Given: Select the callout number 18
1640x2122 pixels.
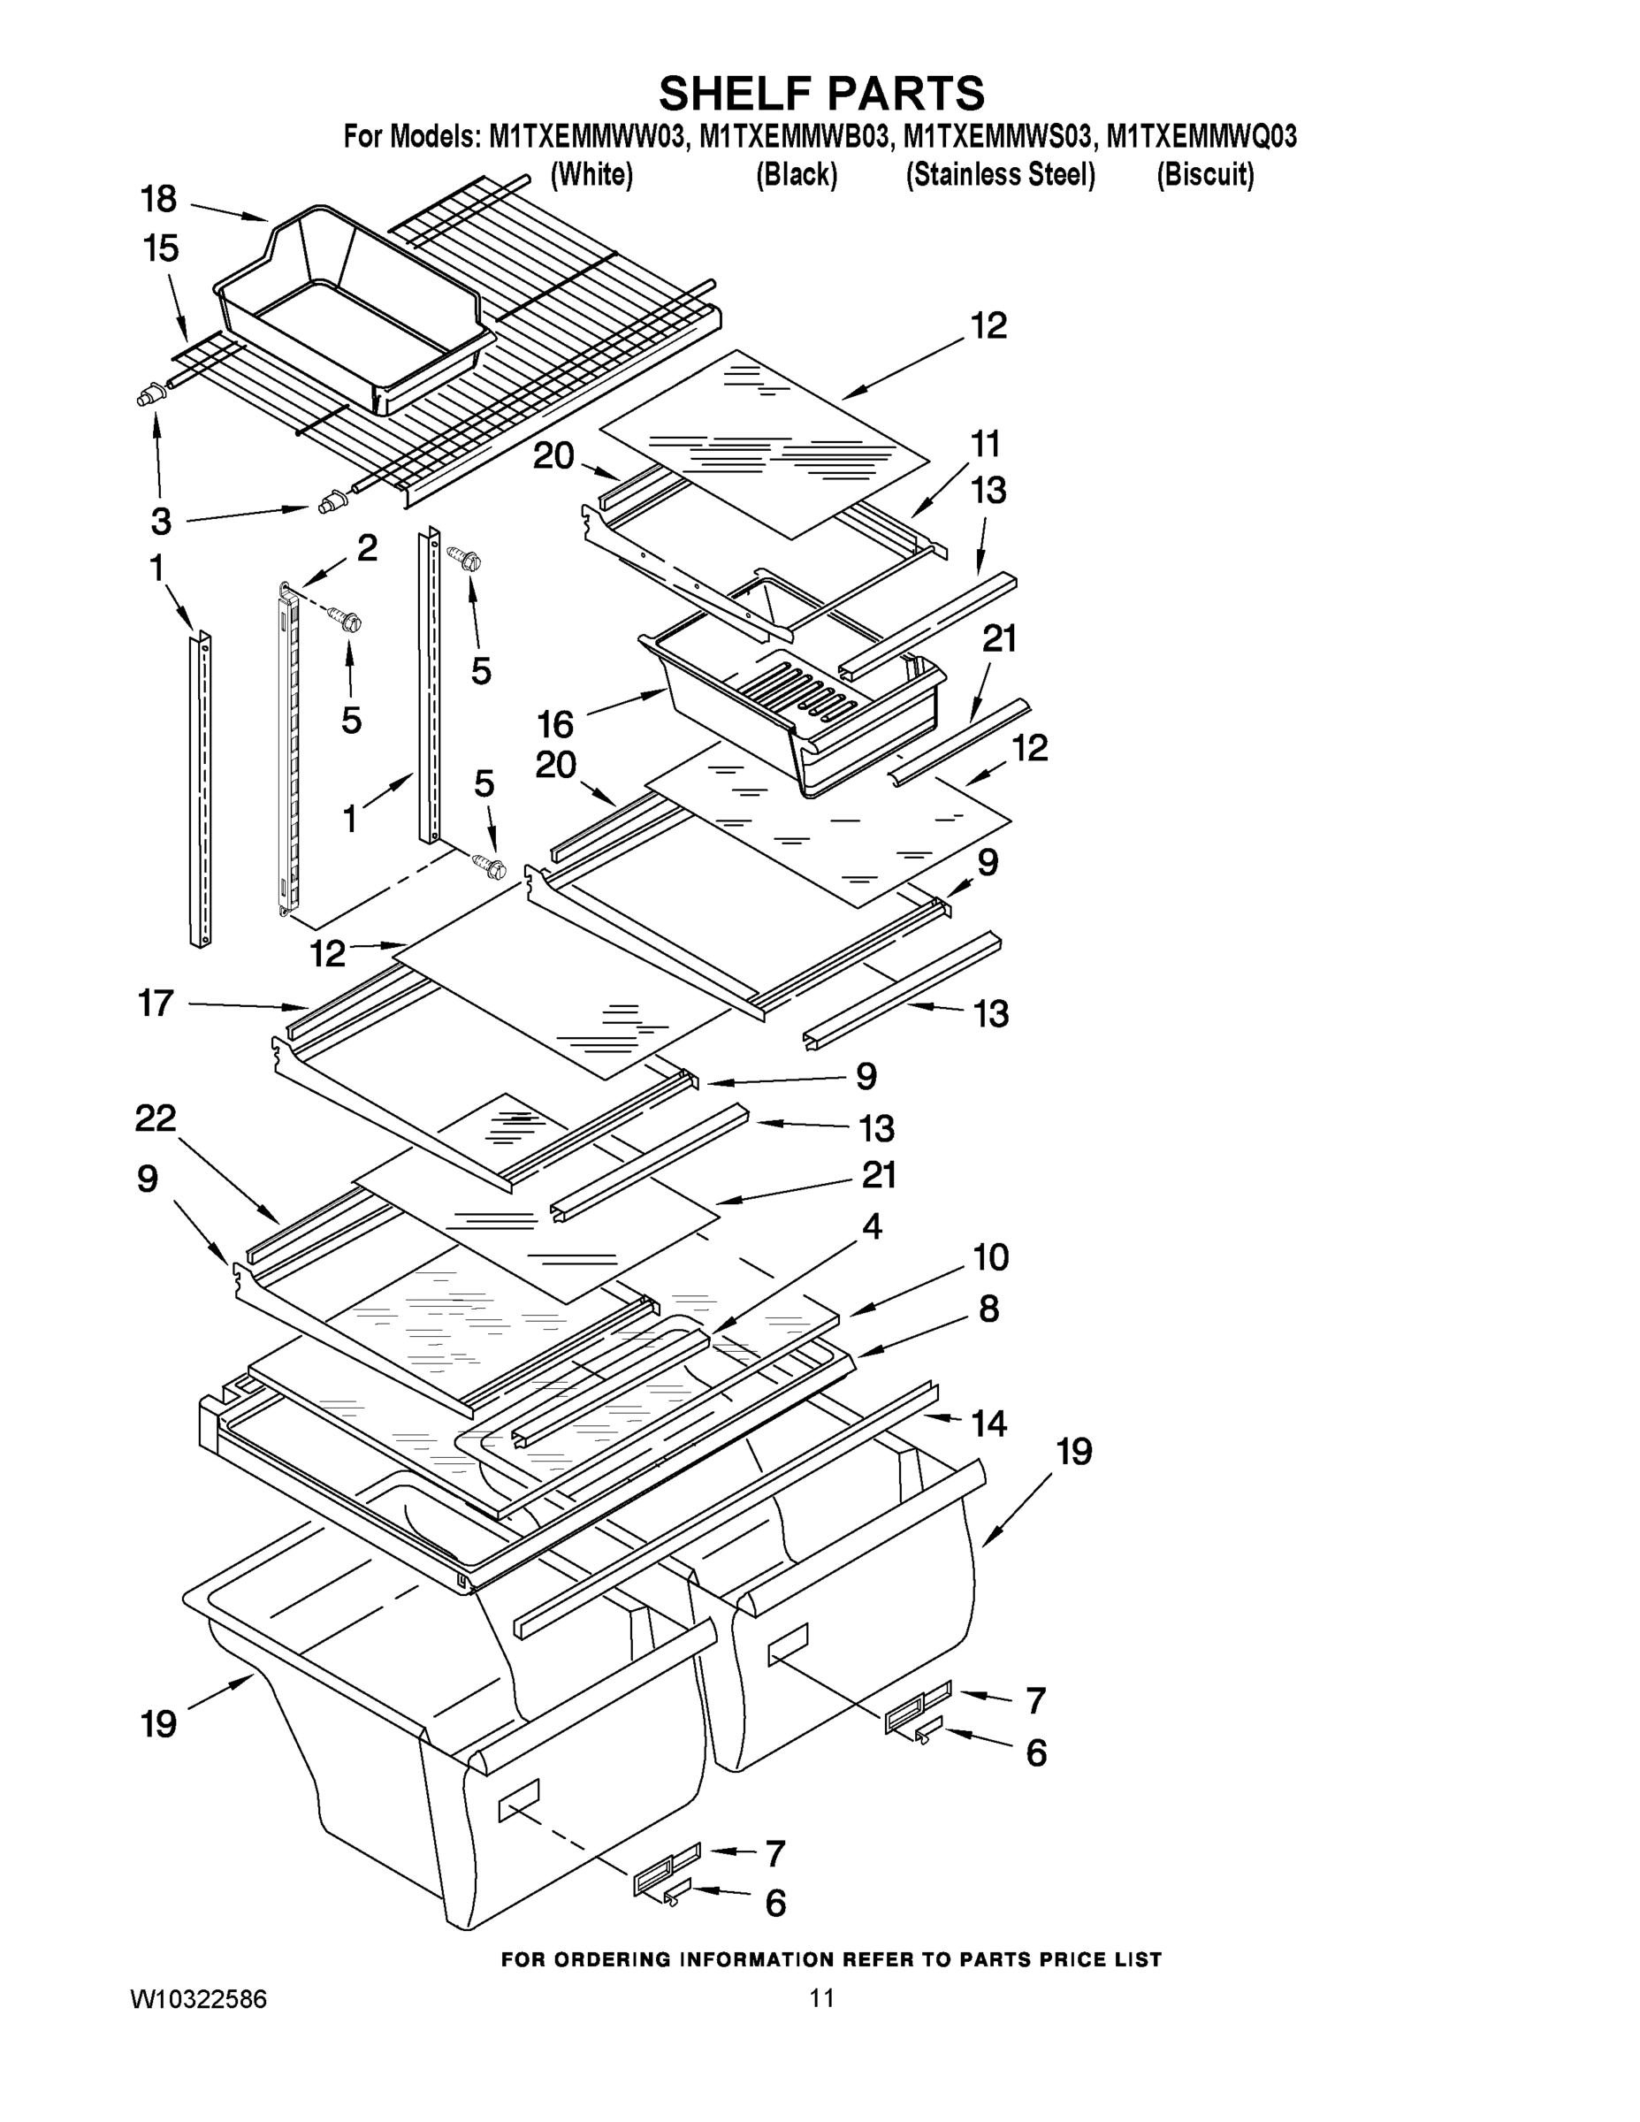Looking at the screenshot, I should (158, 199).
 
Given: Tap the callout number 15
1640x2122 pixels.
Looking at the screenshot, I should (161, 248).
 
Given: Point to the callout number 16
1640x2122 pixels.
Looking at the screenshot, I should (556, 724).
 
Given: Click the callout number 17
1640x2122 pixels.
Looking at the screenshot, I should (156, 1003).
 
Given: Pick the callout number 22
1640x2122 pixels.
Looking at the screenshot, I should (156, 1118).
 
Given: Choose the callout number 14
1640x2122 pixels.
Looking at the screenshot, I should (989, 1424).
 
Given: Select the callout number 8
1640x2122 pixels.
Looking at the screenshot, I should (989, 1309).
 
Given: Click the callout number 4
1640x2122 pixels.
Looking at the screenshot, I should (872, 1226).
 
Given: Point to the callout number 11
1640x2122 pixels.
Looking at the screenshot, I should (985, 444).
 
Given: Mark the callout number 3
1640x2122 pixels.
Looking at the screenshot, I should (161, 522).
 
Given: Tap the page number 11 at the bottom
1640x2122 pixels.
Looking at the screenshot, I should (821, 1998).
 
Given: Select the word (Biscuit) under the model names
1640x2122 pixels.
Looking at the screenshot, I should (1205, 175).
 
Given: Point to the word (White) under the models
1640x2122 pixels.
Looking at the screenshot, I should (591, 175).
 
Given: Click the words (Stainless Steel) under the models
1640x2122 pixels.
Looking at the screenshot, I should (1001, 175).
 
